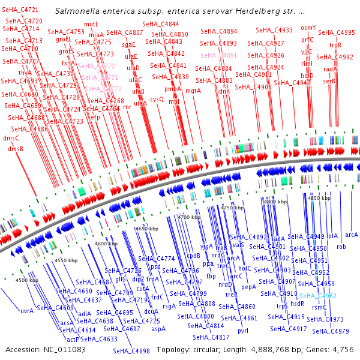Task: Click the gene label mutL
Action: pos(91,24)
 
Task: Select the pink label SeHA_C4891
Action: pos(219,55)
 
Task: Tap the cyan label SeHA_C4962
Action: pos(318,296)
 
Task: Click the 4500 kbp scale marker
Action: pos(26,280)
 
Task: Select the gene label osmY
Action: pos(308,28)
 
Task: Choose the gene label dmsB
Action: pos(16,149)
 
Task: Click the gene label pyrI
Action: pos(243,331)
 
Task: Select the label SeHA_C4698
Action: pos(131,351)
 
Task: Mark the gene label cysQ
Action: pos(157,99)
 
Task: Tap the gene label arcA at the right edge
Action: pos(351,235)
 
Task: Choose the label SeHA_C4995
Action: pos(337,32)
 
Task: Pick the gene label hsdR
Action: pos(298,304)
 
